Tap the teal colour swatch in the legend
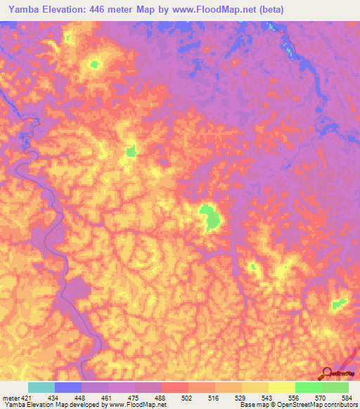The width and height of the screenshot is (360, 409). coord(41,387)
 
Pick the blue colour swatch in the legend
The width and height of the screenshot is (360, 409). coord(67,387)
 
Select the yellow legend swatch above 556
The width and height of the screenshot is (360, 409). coord(281,387)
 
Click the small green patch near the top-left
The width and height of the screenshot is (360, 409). coord(94,65)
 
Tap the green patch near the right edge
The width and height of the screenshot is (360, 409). coord(339,304)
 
